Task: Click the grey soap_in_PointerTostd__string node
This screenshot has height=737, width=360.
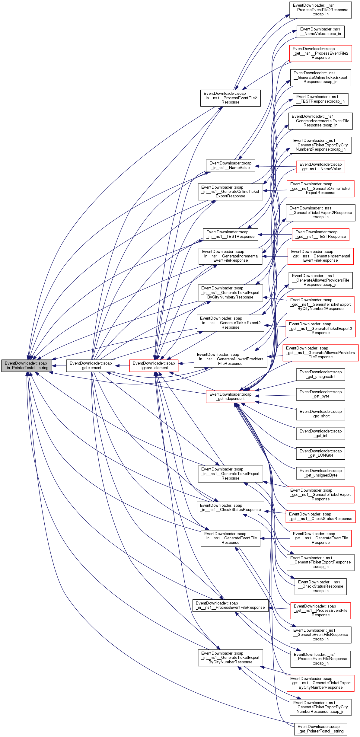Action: (27, 365)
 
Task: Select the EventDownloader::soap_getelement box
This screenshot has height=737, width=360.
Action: (91, 365)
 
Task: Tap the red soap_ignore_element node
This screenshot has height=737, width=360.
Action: (154, 365)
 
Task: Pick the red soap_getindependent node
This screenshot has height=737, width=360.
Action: (230, 396)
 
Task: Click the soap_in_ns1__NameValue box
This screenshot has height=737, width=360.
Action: (230, 165)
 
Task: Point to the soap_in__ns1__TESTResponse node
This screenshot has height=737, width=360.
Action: (230, 234)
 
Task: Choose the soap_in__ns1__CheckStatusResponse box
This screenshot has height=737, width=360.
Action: (230, 507)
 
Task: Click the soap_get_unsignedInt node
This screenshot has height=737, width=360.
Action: (320, 374)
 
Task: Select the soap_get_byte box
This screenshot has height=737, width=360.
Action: (320, 394)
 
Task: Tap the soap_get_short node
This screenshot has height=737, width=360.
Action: (320, 414)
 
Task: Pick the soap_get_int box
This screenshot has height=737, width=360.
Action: (320, 433)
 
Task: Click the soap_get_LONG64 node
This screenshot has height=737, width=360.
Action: (320, 453)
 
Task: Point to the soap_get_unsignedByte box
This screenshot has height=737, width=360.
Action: (320, 473)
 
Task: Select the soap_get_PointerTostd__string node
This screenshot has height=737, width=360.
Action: (320, 729)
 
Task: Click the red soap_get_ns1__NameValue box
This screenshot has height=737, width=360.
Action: (320, 167)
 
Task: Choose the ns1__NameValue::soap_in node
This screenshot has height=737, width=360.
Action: (320, 31)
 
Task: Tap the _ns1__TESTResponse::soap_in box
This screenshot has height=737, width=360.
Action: (320, 99)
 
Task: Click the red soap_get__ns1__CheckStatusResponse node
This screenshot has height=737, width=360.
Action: (320, 516)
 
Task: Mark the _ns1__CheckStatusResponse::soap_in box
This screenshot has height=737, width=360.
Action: (320, 586)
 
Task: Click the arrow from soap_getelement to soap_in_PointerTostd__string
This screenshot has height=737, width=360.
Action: (59, 366)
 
